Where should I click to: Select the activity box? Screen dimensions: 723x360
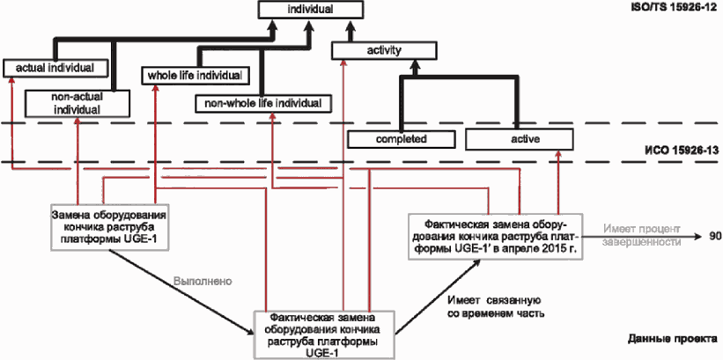[x=384, y=51]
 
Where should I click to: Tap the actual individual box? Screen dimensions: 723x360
[x=55, y=69]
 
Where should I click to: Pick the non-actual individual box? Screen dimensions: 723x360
[x=77, y=103]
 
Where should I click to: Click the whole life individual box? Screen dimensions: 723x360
[x=195, y=76]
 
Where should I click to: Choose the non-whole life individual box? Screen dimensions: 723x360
[x=262, y=104]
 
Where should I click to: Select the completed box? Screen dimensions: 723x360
[x=402, y=139]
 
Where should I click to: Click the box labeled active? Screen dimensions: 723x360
[x=520, y=139]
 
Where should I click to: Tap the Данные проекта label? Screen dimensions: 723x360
[x=672, y=339]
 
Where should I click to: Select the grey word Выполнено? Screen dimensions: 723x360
[x=203, y=281]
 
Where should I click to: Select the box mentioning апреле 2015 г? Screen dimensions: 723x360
[x=495, y=236]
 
